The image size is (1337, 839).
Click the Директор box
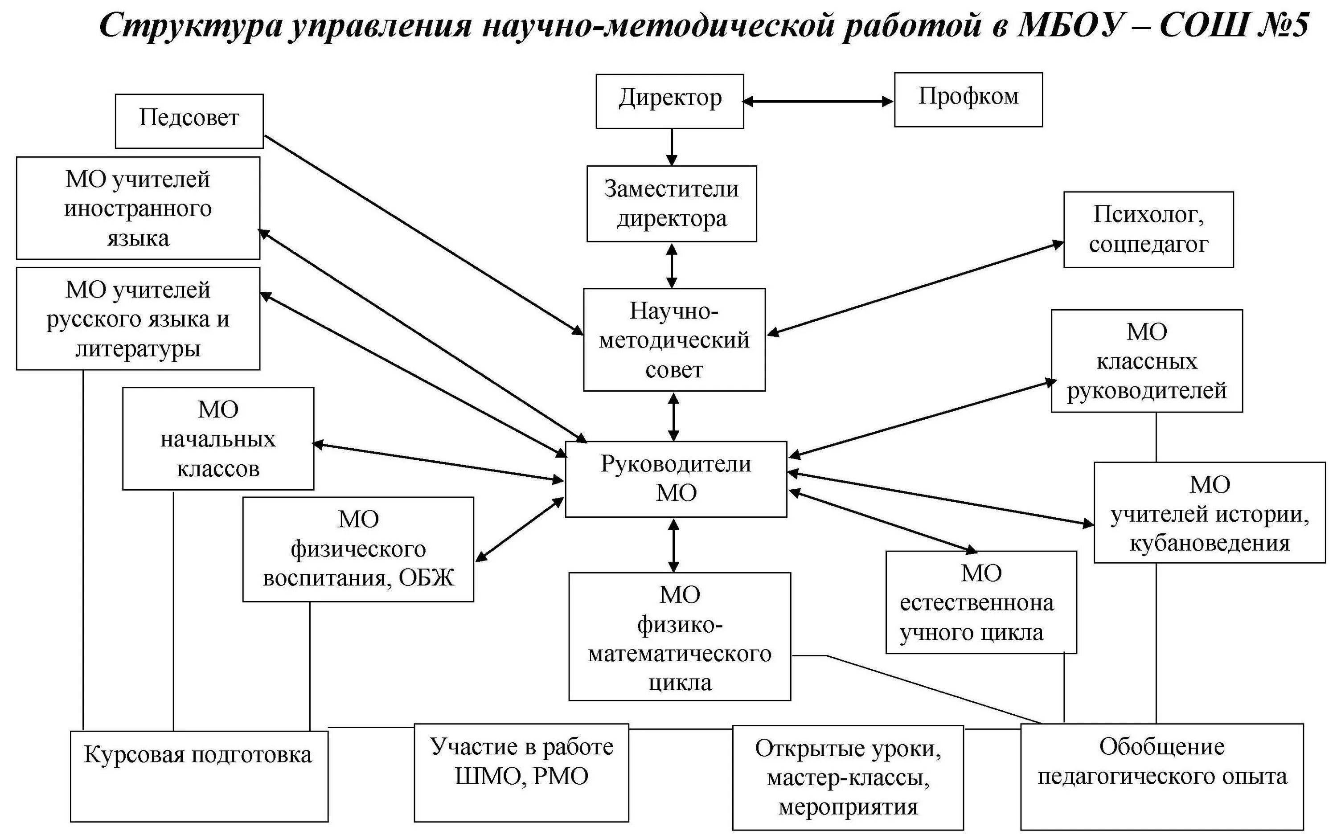tap(669, 102)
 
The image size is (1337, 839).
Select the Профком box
tap(968, 99)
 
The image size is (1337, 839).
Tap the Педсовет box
tap(189, 120)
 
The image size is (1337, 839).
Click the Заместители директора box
tap(671, 204)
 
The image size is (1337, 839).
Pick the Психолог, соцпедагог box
tap(1148, 229)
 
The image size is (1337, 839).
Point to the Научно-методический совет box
tap(674, 340)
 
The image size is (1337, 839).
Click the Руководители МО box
tap(676, 479)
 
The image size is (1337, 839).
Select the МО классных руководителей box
tap(1146, 360)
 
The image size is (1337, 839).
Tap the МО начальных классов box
tap(217, 438)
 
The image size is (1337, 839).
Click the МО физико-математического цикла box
tap(679, 636)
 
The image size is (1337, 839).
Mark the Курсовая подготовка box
tap(199, 776)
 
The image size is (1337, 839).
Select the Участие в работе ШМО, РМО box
tap(521, 772)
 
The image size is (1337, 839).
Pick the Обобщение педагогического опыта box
tap(1161, 776)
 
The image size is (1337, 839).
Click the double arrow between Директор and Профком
tap(818, 102)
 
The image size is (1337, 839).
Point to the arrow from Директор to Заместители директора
tap(672, 147)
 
